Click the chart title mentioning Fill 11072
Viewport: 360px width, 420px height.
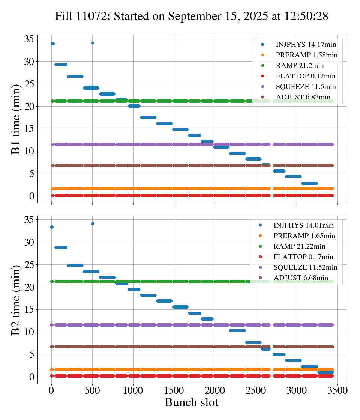click(192, 16)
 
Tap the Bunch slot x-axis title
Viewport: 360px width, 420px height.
click(192, 403)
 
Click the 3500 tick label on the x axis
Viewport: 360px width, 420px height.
click(337, 390)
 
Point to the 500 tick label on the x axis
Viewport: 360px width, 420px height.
click(92, 390)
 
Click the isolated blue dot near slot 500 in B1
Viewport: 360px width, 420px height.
click(93, 43)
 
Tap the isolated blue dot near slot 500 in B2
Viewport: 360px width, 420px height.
click(93, 223)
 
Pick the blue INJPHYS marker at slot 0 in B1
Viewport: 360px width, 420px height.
click(52, 44)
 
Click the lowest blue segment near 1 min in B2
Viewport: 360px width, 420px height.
click(325, 372)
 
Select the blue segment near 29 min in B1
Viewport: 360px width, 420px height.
click(61, 64)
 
